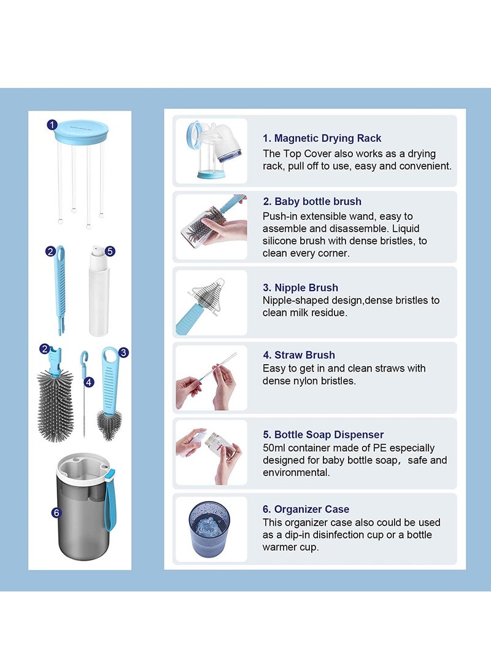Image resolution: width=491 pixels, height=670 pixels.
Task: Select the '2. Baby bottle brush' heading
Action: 312,201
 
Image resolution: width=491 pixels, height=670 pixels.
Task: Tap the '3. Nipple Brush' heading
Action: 300,287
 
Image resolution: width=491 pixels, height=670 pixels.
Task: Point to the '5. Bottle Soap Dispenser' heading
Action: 323,435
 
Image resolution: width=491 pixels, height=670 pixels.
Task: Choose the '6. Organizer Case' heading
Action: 306,509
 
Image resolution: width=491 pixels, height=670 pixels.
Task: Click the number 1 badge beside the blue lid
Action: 52,125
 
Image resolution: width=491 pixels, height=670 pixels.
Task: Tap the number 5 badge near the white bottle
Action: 110,251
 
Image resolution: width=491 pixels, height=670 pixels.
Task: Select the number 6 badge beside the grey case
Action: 56,511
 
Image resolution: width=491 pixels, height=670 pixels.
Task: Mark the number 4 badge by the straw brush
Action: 89,382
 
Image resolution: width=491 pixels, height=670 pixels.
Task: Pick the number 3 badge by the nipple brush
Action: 123,353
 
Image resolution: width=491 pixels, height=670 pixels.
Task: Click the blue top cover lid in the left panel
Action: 81,131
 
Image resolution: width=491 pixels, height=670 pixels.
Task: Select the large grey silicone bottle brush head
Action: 55,405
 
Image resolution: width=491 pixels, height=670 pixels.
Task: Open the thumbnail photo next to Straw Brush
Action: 211,377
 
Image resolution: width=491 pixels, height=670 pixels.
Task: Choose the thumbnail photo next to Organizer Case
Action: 211,529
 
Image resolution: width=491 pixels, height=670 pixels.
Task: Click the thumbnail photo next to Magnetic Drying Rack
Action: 211,151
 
